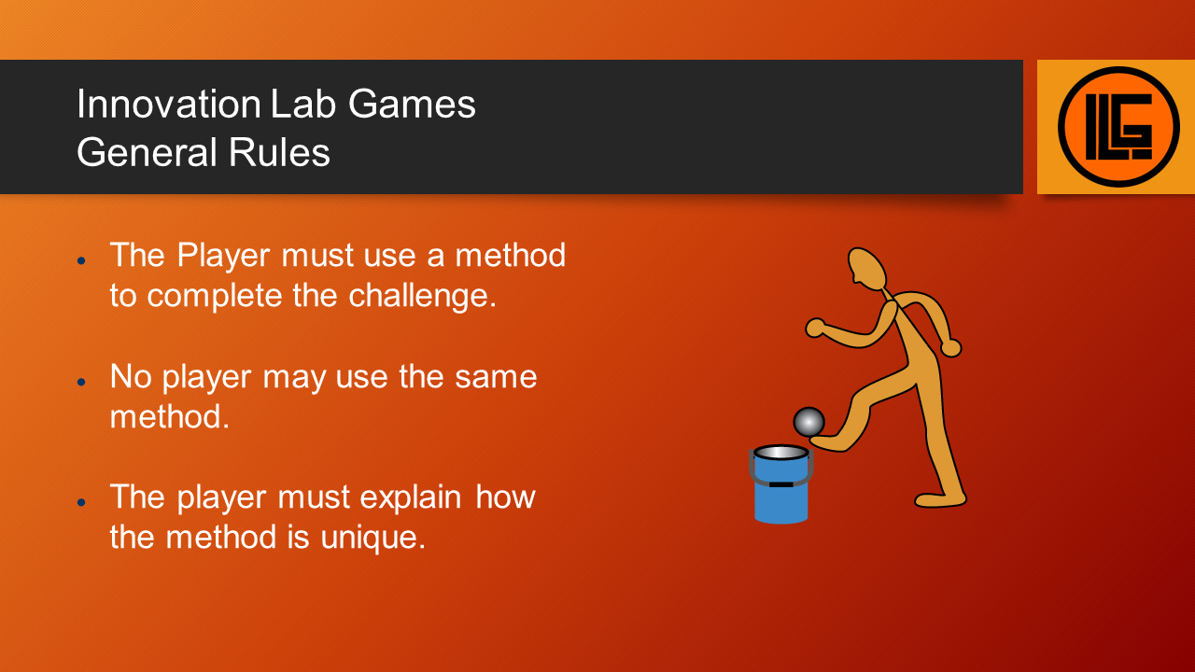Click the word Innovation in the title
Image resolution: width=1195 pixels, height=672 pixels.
pyautogui.click(x=169, y=104)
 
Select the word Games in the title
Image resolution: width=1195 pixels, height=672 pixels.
pyautogui.click(x=412, y=104)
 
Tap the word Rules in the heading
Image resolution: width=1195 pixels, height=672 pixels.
pyautogui.click(x=279, y=152)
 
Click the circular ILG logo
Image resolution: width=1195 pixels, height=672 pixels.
pyautogui.click(x=1118, y=127)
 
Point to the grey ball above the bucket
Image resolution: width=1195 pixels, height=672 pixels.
pyautogui.click(x=808, y=422)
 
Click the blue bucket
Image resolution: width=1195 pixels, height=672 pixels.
pyautogui.click(x=780, y=484)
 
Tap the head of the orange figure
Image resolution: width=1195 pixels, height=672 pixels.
pyautogui.click(x=866, y=269)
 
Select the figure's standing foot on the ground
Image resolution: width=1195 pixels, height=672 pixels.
pyautogui.click(x=940, y=499)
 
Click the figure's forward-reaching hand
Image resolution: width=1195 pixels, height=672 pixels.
pyautogui.click(x=815, y=328)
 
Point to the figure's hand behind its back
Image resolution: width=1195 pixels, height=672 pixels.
pyautogui.click(x=950, y=348)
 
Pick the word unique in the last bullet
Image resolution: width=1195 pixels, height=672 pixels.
pyautogui.click(x=373, y=537)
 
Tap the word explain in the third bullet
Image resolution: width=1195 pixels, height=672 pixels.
pyautogui.click(x=410, y=497)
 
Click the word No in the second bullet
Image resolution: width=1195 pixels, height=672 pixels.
pyautogui.click(x=131, y=376)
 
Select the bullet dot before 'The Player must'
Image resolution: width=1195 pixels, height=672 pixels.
pyautogui.click(x=81, y=260)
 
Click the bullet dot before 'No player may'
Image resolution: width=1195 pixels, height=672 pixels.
pyautogui.click(x=81, y=382)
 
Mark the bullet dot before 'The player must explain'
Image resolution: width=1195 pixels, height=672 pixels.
pyautogui.click(x=81, y=502)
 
